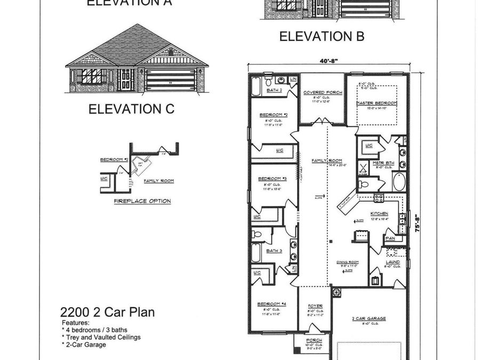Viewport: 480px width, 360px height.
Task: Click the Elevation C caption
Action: tap(131, 109)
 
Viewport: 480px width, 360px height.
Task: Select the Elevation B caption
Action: tap(322, 36)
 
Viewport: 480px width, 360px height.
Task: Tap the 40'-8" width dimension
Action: tap(330, 62)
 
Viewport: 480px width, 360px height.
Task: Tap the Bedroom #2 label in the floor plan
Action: tap(274, 115)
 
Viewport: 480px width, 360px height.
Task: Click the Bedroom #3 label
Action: tap(273, 178)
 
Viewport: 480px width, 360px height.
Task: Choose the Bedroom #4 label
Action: tap(272, 304)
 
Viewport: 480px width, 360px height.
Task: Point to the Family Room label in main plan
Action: tap(327, 161)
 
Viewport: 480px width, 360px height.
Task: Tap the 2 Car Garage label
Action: tap(369, 318)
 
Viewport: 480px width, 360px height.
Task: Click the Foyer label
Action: tap(316, 306)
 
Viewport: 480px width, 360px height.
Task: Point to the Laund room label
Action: tap(393, 262)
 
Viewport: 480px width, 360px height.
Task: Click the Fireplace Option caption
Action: tap(142, 201)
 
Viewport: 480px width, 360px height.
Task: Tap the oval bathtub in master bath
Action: tap(398, 181)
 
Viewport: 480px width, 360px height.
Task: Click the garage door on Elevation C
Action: tap(171, 80)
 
